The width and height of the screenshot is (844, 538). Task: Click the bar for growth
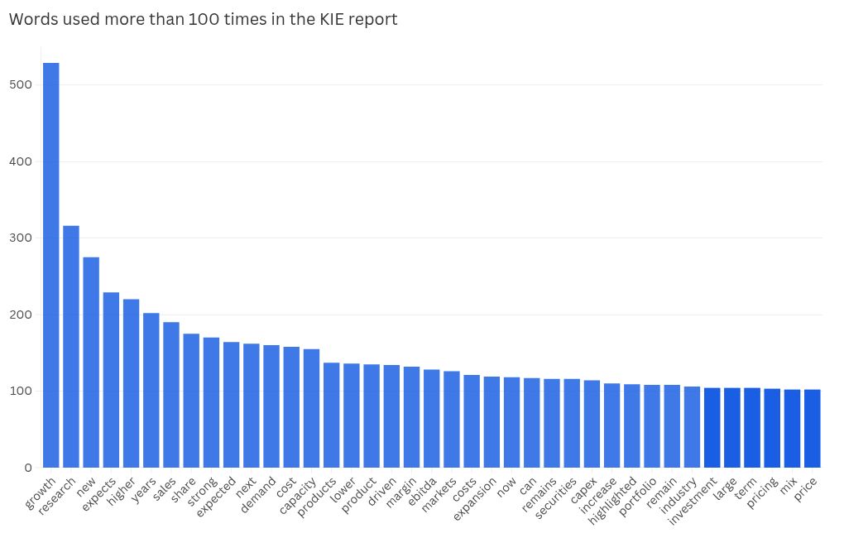click(x=51, y=265)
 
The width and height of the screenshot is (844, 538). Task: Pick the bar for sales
click(x=171, y=395)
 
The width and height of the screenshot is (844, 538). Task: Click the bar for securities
click(x=572, y=423)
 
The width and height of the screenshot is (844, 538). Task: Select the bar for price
click(x=812, y=428)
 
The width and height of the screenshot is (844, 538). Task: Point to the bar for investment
click(x=712, y=427)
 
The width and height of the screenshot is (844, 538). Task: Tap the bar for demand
click(x=271, y=406)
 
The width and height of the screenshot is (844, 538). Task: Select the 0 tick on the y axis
click(x=27, y=468)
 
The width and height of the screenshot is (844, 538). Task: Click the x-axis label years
click(x=145, y=489)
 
